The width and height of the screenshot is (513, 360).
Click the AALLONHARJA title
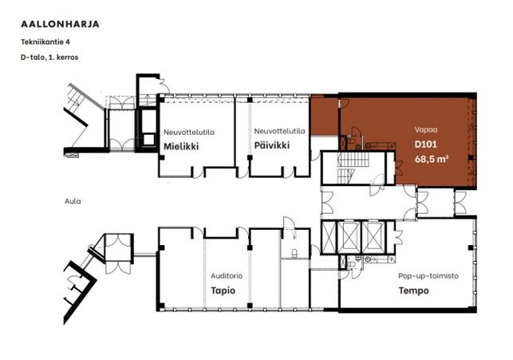click(60, 24)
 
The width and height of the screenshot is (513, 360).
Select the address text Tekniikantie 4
click(45, 42)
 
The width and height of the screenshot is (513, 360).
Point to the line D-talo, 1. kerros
click(49, 57)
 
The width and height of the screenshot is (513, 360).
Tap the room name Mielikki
click(181, 146)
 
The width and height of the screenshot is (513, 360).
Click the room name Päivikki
click(272, 145)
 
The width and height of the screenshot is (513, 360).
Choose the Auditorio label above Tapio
click(227, 276)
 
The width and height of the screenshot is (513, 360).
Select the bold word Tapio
click(223, 291)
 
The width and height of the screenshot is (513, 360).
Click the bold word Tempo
click(413, 291)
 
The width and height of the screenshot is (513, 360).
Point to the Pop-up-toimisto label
click(428, 276)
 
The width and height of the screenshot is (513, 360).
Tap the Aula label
click(73, 201)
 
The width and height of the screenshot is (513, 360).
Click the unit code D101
click(426, 144)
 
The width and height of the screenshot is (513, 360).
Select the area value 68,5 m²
click(431, 160)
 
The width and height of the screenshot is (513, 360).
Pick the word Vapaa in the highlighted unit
click(426, 129)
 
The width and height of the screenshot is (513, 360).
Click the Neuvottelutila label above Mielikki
click(189, 133)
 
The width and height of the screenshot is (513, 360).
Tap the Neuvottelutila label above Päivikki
click(280, 131)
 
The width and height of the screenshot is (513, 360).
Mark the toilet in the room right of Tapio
click(294, 252)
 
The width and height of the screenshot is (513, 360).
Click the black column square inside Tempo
click(471, 247)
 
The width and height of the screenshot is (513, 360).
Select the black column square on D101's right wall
click(471, 158)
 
